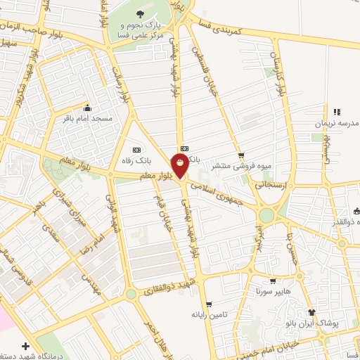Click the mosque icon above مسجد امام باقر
(x=87, y=108)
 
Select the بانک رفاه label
(x=137, y=160)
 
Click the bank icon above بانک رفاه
(x=136, y=149)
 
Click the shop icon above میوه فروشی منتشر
(x=242, y=155)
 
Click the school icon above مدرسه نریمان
(x=337, y=111)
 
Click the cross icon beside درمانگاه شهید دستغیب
(x=26, y=346)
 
